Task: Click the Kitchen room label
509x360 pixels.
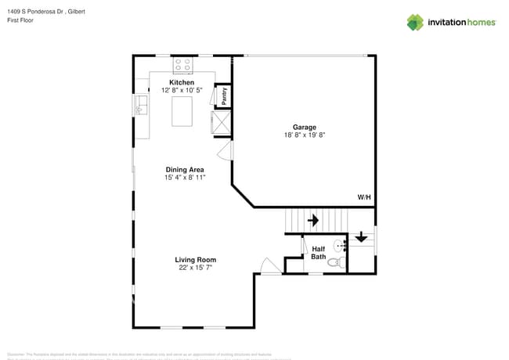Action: pos(182,82)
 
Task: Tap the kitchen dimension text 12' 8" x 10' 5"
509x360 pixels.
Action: pos(182,91)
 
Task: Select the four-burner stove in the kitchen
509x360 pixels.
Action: pos(182,64)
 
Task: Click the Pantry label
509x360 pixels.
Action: pos(224,95)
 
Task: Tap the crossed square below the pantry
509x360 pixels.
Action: pos(220,123)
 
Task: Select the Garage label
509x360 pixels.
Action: pos(305,127)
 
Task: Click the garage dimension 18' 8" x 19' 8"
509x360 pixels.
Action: pos(305,135)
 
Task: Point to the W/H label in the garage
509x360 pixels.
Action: pos(364,197)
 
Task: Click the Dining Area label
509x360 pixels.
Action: pos(185,169)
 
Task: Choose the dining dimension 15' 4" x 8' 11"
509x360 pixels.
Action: pos(185,178)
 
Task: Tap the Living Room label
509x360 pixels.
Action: pos(195,260)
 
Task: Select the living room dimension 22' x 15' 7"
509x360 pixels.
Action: pos(195,268)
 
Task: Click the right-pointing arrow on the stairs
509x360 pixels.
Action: pos(313,221)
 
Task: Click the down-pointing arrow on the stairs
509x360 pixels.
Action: pos(361,236)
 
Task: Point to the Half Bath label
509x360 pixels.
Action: pos(318,253)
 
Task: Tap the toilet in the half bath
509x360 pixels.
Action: pos(334,263)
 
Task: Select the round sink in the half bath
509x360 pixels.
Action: pos(340,244)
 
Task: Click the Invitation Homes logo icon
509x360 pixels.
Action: pos(414,22)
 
